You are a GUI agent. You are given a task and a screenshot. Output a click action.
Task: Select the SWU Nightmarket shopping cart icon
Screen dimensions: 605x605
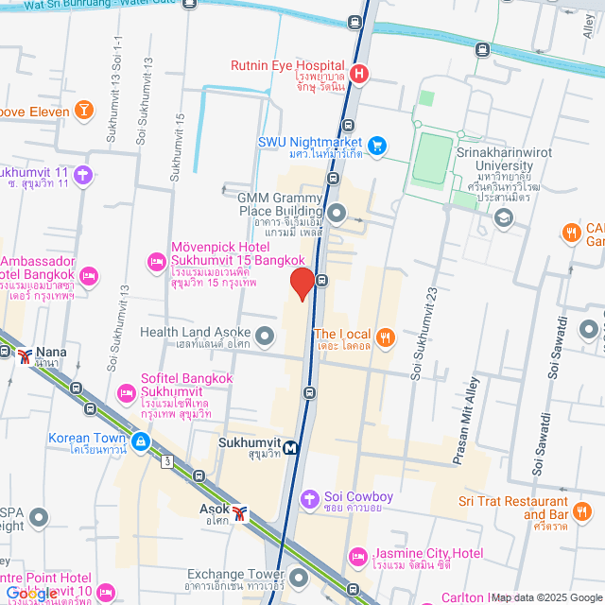point(377,145)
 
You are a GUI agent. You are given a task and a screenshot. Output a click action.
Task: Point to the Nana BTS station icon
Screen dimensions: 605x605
point(24,356)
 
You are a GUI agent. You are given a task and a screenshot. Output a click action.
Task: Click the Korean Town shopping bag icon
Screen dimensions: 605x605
point(140,441)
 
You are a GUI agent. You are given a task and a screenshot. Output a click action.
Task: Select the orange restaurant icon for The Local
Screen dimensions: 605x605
point(385,336)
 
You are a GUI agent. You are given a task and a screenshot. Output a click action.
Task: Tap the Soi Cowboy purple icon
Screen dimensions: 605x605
point(309,497)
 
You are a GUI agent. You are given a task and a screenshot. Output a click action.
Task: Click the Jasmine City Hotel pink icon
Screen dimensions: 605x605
point(356,555)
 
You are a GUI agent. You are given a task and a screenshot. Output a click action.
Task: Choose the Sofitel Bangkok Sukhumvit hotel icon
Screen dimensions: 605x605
point(124,391)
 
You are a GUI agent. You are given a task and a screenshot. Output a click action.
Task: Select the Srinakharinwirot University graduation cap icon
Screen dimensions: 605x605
point(504,218)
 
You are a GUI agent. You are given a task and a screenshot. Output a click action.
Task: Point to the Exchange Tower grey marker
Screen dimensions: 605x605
point(299,576)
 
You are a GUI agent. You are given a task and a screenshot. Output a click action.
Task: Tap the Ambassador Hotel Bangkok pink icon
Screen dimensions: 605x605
point(89,276)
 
